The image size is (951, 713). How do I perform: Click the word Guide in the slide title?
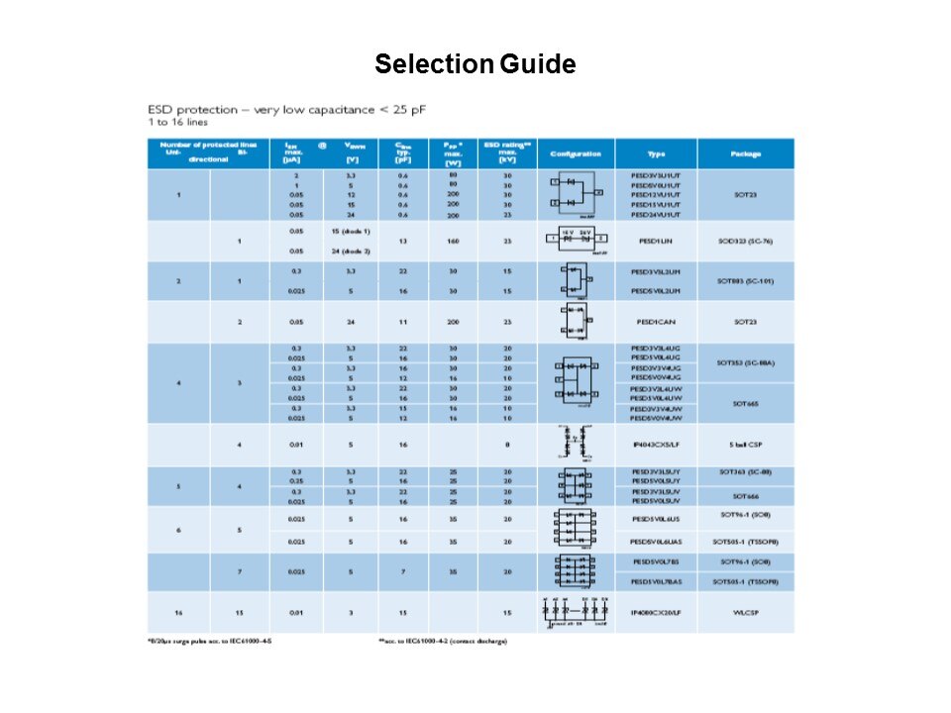[537, 65]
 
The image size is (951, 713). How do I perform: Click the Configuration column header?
[576, 153]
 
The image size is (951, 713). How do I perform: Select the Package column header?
[745, 153]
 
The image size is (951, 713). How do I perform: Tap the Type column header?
[655, 153]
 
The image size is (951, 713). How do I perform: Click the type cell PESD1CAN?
[655, 322]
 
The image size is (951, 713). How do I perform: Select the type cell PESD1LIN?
[655, 241]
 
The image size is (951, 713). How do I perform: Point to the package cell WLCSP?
[745, 613]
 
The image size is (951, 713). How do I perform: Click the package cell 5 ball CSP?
[745, 446]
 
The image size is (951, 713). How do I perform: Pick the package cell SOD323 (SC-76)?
[745, 241]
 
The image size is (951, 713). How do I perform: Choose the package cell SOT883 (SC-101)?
[745, 281]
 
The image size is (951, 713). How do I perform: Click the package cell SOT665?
[745, 403]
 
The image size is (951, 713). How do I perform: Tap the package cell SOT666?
[745, 496]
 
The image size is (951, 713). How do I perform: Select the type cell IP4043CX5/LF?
[655, 446]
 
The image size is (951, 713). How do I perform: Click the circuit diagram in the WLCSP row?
[576, 612]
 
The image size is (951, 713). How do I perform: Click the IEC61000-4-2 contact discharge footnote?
[442, 642]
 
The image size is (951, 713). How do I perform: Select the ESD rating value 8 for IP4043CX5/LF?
[506, 446]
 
